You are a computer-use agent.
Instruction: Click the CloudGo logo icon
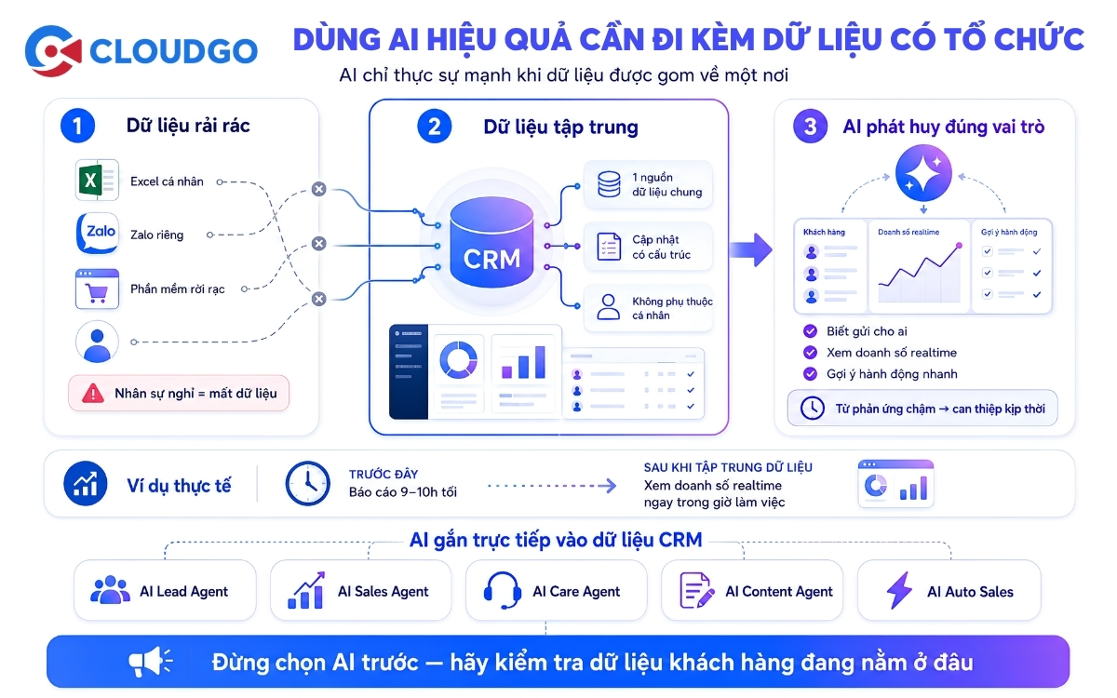[53, 51]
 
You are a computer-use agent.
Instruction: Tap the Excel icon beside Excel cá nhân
[97, 180]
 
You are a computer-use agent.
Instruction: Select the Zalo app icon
[98, 234]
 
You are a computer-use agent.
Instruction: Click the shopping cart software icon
[97, 289]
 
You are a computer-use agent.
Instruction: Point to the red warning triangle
[93, 394]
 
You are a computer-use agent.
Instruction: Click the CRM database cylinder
[491, 242]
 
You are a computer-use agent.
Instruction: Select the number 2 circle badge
[435, 127]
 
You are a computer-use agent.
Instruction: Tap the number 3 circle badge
[811, 127]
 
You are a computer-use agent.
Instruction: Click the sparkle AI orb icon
[923, 173]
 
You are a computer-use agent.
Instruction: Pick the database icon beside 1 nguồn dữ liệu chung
[609, 184]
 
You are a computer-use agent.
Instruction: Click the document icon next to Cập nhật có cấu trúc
[609, 247]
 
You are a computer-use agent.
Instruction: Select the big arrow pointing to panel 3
[751, 249]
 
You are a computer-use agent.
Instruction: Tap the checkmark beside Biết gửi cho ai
[811, 331]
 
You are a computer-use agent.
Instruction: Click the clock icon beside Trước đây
[308, 484]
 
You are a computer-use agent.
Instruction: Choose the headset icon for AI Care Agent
[503, 590]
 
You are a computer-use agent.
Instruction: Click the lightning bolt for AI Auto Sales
[899, 590]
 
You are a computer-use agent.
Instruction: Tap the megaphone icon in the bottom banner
[150, 662]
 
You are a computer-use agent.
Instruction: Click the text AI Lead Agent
[184, 591]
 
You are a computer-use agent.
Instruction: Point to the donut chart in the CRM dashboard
[458, 360]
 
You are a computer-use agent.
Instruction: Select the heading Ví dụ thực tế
[179, 486]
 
